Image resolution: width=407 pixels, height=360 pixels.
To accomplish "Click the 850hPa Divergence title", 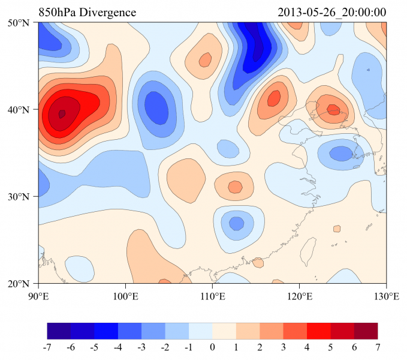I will [88, 13].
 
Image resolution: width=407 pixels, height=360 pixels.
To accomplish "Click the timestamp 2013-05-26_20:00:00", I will [333, 13].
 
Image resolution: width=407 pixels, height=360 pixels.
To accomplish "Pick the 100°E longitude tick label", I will [125, 296].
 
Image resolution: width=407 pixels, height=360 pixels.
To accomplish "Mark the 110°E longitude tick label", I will [212, 296].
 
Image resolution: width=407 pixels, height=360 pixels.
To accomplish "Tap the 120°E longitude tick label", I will [299, 296].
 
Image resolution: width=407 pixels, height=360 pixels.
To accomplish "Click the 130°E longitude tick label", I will [386, 296].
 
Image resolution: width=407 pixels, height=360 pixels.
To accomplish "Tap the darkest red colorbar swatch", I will [366, 331].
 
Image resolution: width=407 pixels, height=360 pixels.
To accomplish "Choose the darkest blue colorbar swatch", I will [59, 331].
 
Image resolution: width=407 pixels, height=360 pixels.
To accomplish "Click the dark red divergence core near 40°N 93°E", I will [62, 113].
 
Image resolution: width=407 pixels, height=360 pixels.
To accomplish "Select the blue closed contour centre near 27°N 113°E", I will [236, 223].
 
